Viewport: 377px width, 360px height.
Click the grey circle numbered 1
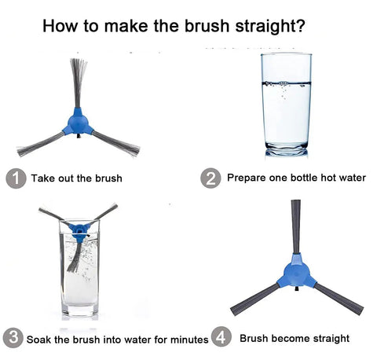click(16, 178)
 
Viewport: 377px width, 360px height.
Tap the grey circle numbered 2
click(210, 178)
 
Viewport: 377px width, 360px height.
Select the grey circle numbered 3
click(13, 337)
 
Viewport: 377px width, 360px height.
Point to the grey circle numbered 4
click(221, 336)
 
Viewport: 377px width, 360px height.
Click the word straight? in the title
click(270, 27)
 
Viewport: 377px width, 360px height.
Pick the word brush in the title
click(207, 26)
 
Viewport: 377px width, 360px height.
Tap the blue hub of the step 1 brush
click(78, 122)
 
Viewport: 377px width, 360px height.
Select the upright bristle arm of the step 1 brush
click(78, 83)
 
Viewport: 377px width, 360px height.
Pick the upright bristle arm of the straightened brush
click(296, 227)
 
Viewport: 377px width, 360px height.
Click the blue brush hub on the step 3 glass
click(79, 231)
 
